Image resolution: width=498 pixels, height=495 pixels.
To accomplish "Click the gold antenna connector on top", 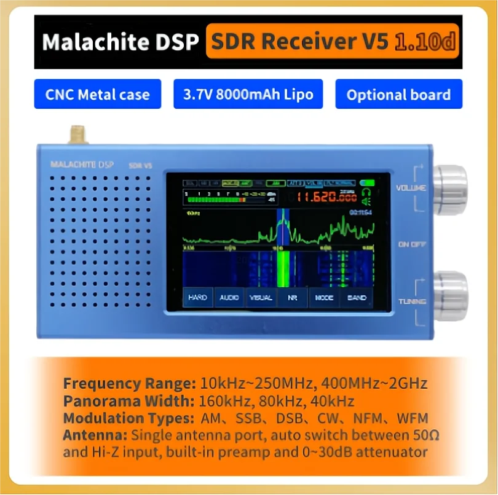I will pyautogui.click(x=77, y=134).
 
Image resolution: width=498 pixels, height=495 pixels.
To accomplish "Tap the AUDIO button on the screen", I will pyautogui.click(x=229, y=297).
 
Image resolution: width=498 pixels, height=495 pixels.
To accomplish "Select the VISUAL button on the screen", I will pyautogui.click(x=261, y=297).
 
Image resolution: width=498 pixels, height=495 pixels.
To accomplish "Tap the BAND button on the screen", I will pyautogui.click(x=357, y=297).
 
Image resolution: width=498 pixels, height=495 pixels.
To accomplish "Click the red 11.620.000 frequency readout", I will pyautogui.click(x=326, y=198).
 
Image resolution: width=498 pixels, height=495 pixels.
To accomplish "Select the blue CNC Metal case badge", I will pyautogui.click(x=97, y=95).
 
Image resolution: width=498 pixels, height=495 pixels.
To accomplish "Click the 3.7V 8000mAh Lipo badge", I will pyautogui.click(x=248, y=95).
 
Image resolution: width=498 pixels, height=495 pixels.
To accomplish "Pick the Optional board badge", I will pyautogui.click(x=398, y=95).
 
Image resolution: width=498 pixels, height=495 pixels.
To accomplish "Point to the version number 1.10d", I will pyautogui.click(x=425, y=42).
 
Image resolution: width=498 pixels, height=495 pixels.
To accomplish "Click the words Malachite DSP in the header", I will pyautogui.click(x=121, y=42).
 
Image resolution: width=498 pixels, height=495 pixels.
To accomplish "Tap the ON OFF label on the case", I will pyautogui.click(x=412, y=244).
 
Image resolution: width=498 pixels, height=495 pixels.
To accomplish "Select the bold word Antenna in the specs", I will pyautogui.click(x=94, y=435).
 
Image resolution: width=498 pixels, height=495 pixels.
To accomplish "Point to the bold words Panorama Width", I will pyautogui.click(x=128, y=401).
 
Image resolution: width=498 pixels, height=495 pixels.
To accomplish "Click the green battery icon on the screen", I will pyautogui.click(x=368, y=182).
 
